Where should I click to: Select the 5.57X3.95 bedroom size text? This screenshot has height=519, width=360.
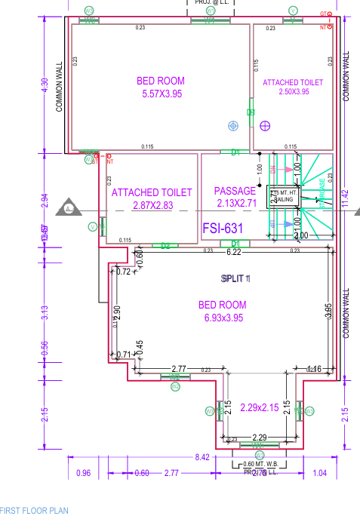(x=162, y=94)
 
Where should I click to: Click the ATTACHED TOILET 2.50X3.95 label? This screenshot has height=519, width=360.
(x=293, y=86)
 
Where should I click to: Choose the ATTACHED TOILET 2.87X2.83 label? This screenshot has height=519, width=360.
(x=152, y=198)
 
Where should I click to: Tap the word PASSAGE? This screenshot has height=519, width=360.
(x=235, y=191)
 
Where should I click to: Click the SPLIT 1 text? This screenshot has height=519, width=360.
(x=235, y=279)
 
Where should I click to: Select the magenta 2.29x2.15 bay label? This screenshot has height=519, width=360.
(x=259, y=408)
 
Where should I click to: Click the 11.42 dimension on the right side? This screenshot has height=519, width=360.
(x=346, y=198)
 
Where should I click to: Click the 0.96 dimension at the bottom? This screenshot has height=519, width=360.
(x=84, y=473)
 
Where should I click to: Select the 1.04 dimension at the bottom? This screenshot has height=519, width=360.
(x=320, y=473)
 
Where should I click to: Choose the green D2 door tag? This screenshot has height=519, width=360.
(x=165, y=245)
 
